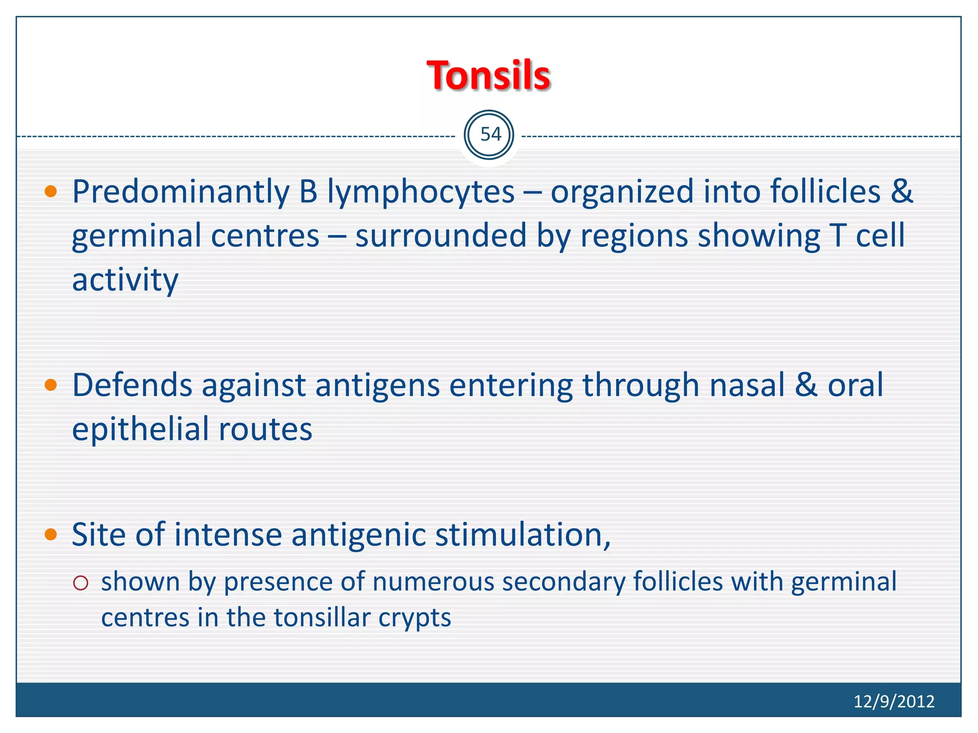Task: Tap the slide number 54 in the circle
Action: tap(490, 135)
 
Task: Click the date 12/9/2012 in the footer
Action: tap(893, 701)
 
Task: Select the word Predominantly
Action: tap(181, 192)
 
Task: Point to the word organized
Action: tap(622, 192)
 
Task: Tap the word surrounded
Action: tap(440, 236)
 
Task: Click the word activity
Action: tap(125, 280)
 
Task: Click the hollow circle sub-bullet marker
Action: tap(81, 583)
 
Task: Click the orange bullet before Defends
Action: tap(51, 385)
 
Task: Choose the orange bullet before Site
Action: tap(51, 534)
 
